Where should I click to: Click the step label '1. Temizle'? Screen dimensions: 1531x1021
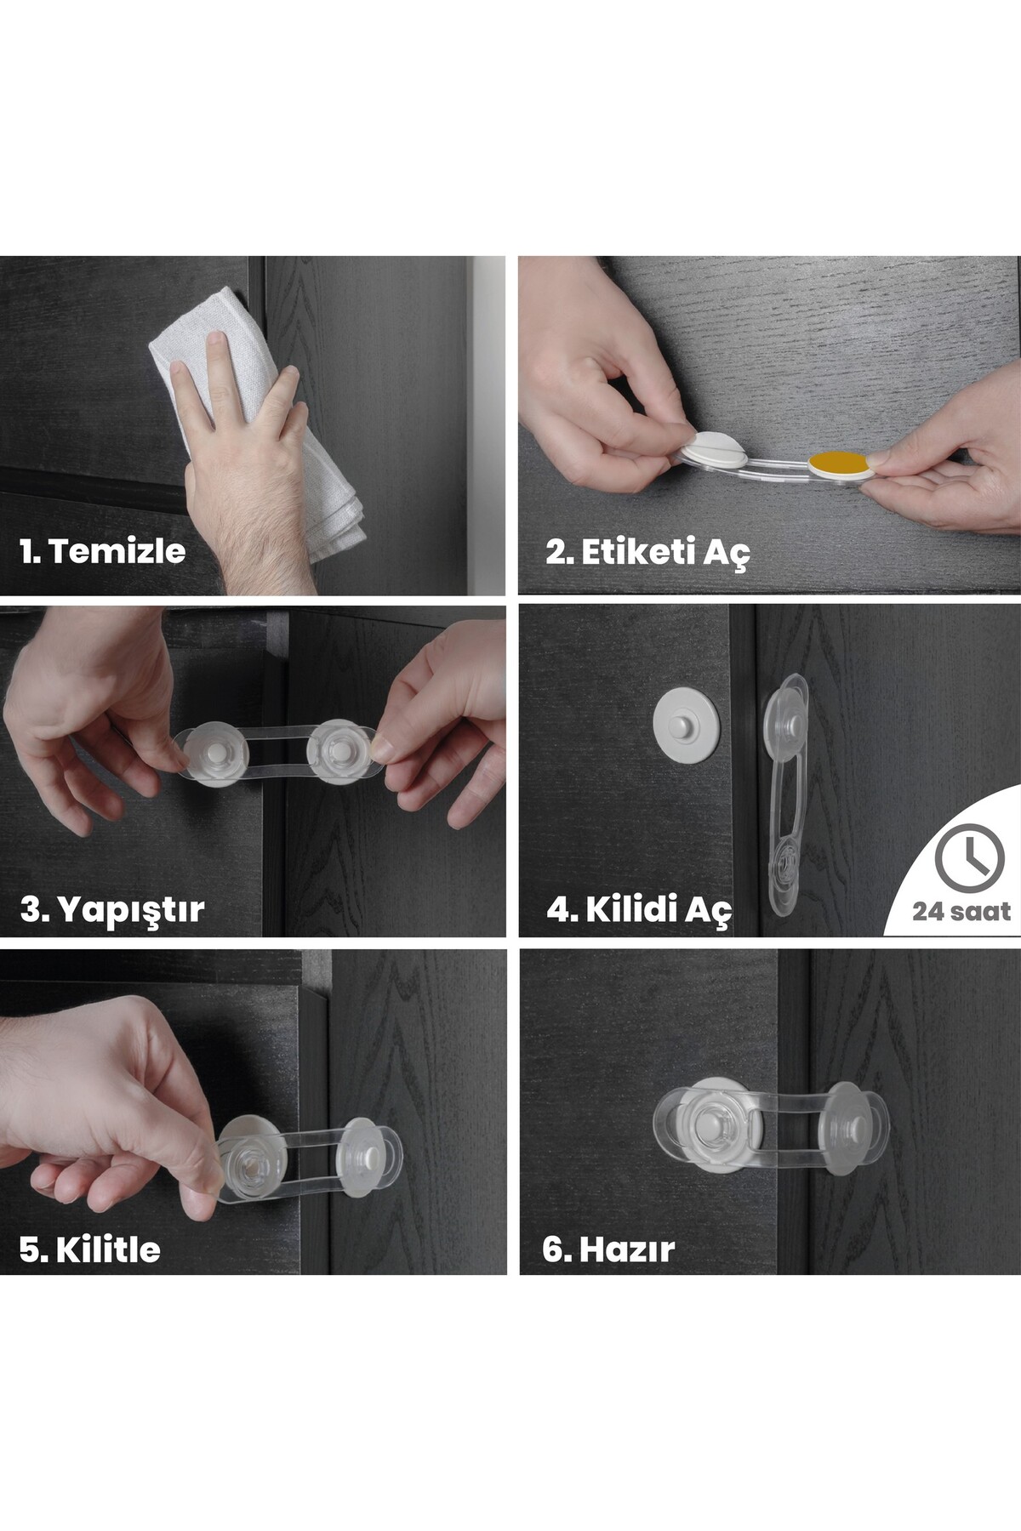coord(102,551)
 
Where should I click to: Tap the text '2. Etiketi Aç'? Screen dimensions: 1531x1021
coord(647,552)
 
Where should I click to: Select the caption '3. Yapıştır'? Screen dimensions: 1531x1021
coord(111,909)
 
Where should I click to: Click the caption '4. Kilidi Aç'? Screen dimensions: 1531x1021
coord(638,909)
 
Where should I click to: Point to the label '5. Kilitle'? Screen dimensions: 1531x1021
coord(89,1249)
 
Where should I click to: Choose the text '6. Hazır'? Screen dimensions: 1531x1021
coord(608,1249)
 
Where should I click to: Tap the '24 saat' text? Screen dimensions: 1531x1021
coord(961,912)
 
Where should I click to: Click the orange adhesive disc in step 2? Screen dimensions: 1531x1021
coord(839,464)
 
